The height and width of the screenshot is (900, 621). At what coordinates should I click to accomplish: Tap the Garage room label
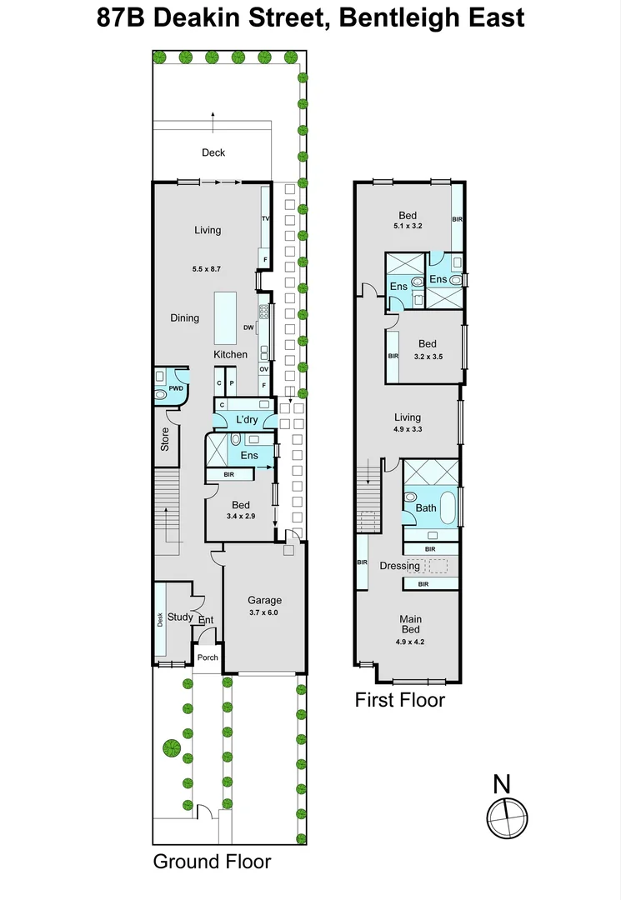[x=264, y=600]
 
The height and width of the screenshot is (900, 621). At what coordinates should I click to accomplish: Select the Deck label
[x=213, y=152]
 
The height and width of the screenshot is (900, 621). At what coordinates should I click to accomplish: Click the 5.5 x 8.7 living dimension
[x=208, y=269]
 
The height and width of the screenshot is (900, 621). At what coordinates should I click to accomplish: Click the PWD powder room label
[x=176, y=388]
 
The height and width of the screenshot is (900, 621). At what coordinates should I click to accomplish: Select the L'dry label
[x=246, y=418]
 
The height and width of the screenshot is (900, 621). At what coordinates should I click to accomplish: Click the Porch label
[x=208, y=657]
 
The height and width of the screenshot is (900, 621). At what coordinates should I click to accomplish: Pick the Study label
[x=180, y=617]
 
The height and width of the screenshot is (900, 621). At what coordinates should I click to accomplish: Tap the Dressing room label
[x=399, y=566]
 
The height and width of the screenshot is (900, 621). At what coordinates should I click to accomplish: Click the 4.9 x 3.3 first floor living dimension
[x=408, y=431]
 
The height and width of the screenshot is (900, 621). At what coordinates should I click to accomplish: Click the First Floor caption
[x=399, y=700]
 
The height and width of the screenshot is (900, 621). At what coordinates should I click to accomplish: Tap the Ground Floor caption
[x=212, y=862]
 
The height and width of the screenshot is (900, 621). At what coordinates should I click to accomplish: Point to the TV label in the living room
[x=266, y=218]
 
